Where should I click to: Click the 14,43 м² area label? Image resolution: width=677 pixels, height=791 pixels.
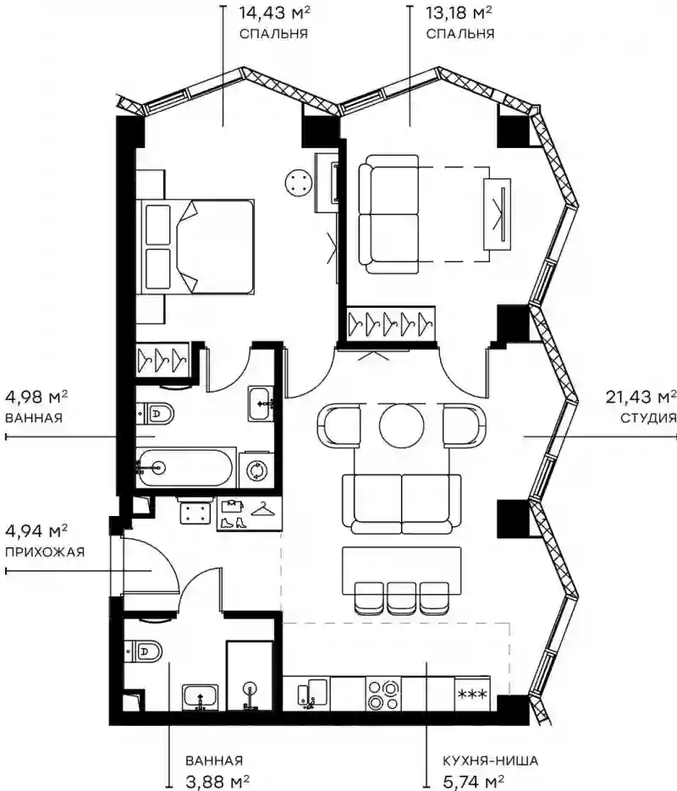pos(274,12)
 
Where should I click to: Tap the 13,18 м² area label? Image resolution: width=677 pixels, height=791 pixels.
pos(459,12)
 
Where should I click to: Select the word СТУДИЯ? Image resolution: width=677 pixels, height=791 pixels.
pos(647,418)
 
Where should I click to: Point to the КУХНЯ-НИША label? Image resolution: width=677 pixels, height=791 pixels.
pos(490,761)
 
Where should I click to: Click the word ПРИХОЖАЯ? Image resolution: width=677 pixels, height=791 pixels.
pos(45,552)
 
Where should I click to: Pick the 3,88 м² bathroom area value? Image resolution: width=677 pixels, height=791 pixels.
pos(217,782)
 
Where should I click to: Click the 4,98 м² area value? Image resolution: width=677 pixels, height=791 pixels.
pos(36,397)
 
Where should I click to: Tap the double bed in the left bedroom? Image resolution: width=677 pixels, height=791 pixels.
pos(197,246)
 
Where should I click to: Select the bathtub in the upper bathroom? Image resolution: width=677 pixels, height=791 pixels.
pos(184,468)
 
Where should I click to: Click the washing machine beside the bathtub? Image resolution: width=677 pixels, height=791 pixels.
pos(256,470)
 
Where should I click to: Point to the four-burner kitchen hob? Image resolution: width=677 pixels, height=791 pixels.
pos(383,695)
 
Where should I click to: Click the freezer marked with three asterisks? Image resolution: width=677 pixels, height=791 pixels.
pos(472,695)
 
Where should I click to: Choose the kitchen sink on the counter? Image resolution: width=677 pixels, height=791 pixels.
pos(312,695)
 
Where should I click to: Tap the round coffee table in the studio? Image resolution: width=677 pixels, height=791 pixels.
pos(402,426)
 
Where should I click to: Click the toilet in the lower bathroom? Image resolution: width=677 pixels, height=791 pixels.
pos(143,651)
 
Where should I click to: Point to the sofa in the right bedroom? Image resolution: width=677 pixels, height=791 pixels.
pos(389,214)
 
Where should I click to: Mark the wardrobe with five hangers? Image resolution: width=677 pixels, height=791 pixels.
pos(391,323)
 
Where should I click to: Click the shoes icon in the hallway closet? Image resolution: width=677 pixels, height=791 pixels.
pos(234,523)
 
